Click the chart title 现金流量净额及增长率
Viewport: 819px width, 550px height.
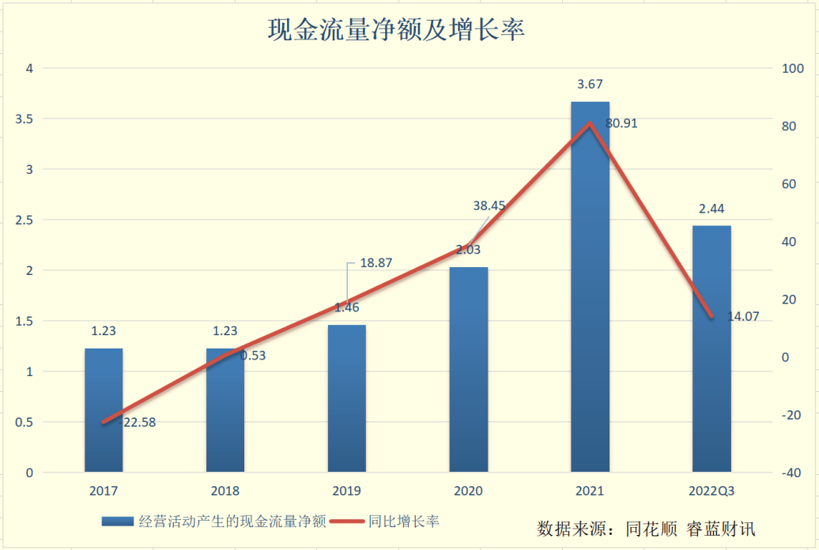click(397, 30)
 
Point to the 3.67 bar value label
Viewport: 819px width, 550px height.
click(591, 85)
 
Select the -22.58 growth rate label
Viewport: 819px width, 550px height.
click(138, 422)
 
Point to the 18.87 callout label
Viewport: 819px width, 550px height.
click(376, 262)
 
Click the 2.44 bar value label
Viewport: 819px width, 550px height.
click(711, 209)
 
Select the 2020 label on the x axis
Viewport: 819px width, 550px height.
click(468, 491)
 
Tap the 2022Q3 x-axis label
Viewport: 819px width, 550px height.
click(711, 491)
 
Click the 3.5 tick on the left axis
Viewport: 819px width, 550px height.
click(25, 119)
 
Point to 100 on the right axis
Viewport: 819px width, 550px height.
click(791, 69)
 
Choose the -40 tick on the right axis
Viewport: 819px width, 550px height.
click(791, 473)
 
